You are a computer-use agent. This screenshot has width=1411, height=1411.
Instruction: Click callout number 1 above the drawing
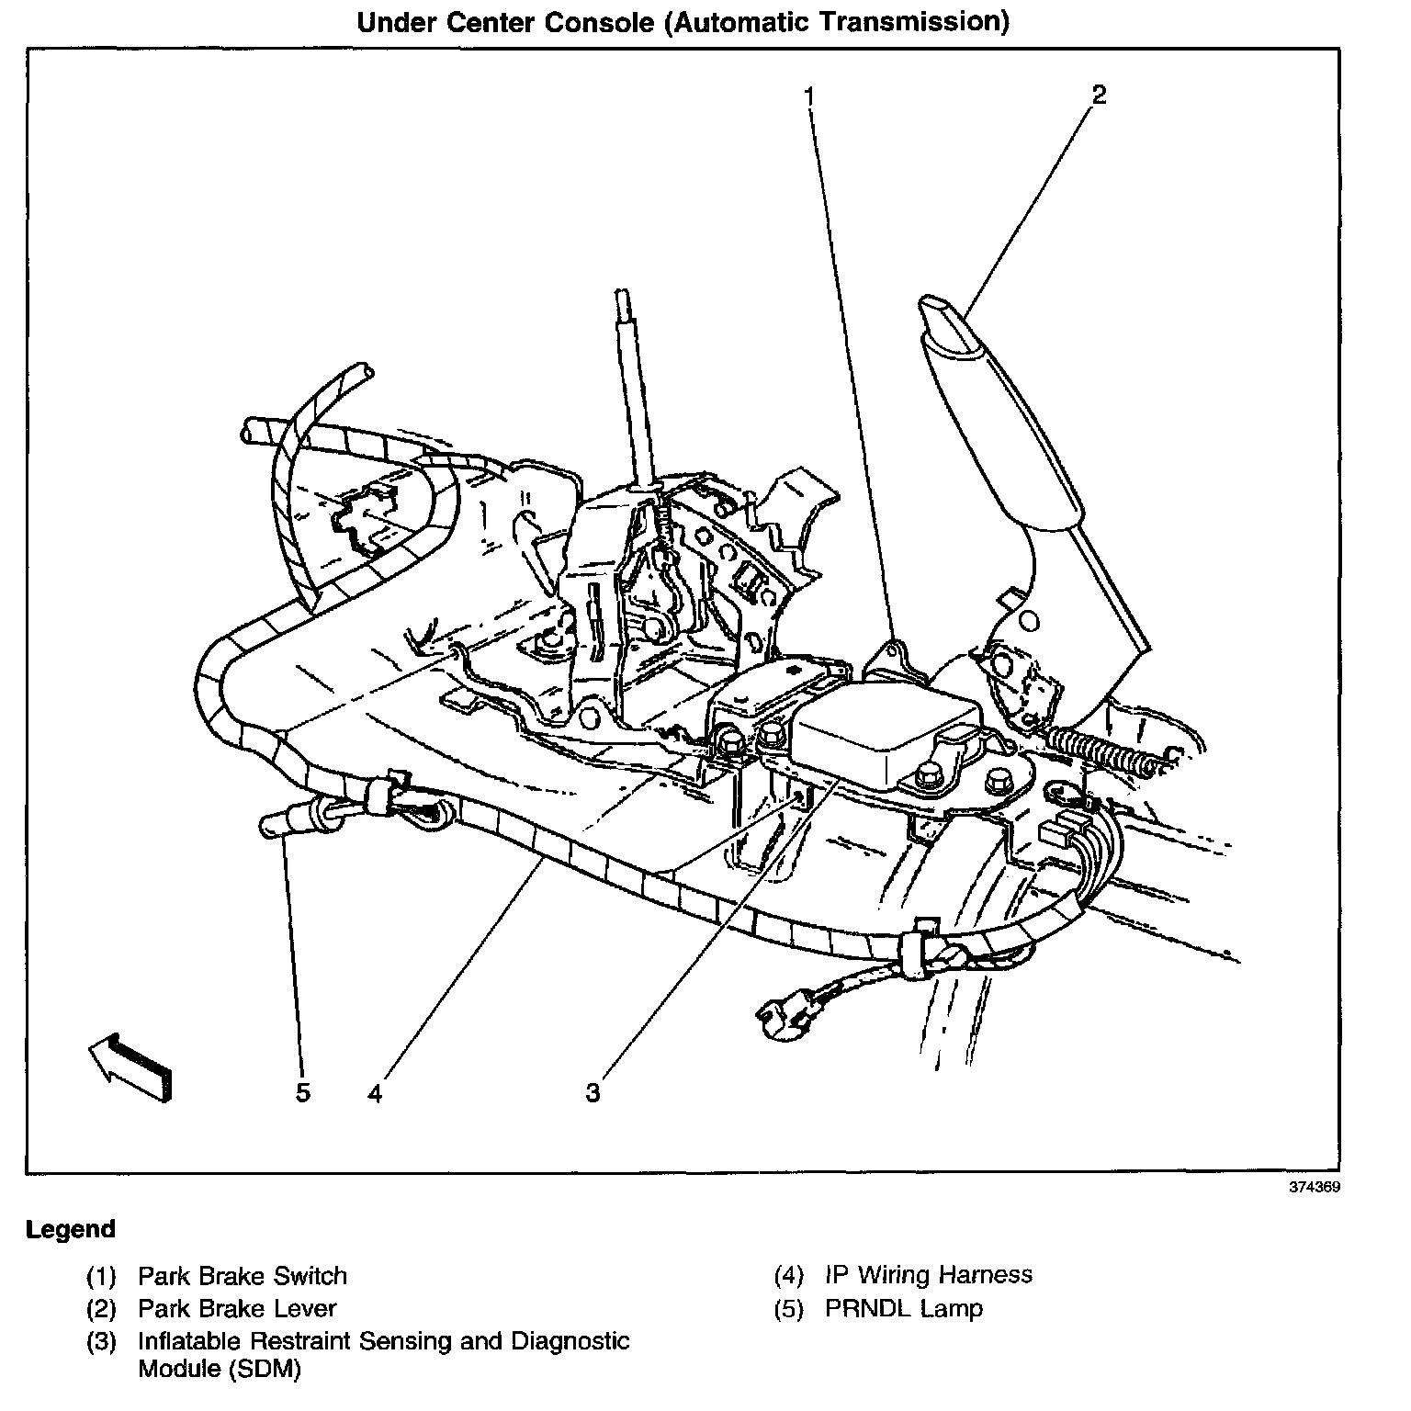point(809,96)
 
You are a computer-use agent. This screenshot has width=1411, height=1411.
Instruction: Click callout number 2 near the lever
point(1098,94)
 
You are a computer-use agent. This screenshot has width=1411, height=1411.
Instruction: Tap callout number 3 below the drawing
point(593,1092)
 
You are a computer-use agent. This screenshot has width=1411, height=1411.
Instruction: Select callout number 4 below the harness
point(374,1092)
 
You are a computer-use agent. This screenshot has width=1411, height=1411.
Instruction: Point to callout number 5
point(302,1092)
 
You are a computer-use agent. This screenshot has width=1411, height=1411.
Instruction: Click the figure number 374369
point(1315,1186)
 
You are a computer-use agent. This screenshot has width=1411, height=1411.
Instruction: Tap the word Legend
point(71,1229)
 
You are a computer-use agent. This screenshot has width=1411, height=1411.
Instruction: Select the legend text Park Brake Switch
point(243,1276)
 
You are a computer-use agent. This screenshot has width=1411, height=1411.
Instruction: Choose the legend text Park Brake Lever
point(237,1308)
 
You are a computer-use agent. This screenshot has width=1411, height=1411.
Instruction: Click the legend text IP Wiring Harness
point(928,1275)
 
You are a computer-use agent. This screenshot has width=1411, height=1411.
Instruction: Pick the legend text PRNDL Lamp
point(903,1308)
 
